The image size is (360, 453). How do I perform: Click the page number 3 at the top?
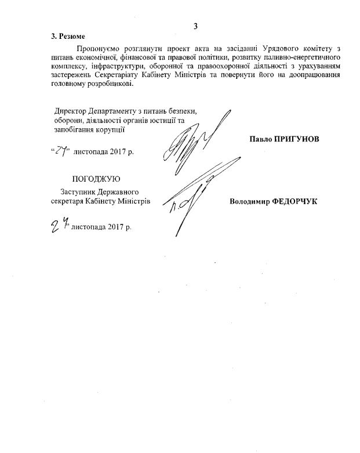click(196, 26)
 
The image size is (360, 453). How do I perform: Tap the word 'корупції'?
click(110, 129)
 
